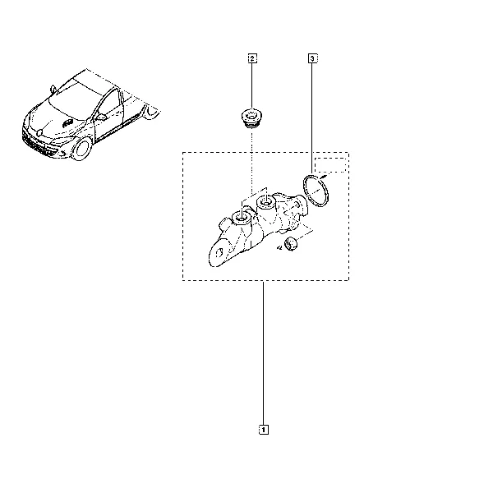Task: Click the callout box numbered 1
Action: coord(264,430)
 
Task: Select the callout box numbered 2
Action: coord(252,58)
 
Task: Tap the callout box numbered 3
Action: coord(312,58)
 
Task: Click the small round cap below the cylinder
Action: coord(290,244)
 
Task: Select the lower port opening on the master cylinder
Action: coord(241,218)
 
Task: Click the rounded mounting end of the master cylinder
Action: coord(219,253)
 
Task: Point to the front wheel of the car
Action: coord(82,150)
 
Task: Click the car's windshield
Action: coord(76,99)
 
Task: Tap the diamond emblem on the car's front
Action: coord(40,133)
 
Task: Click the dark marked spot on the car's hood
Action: coord(67,123)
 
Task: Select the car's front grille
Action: coord(36,143)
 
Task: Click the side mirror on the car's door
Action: coord(101,117)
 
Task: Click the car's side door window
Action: coord(108,104)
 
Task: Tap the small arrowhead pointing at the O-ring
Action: coord(322,177)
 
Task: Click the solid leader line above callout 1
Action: coord(263,353)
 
